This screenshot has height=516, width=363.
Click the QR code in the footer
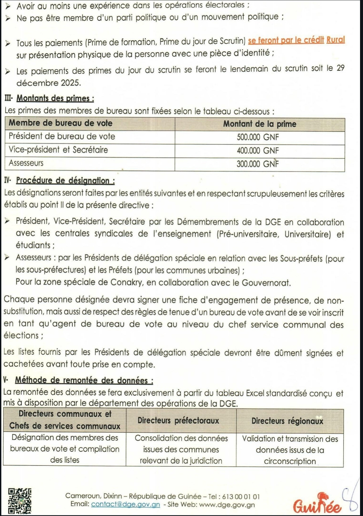tap(20, 501)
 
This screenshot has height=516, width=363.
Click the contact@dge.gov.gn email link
tap(125, 504)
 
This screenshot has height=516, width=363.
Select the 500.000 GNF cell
tap(258, 137)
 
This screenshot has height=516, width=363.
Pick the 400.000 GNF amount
tap(258, 151)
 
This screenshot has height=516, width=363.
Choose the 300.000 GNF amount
tap(258, 164)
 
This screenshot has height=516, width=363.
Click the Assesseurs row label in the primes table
tap(26, 163)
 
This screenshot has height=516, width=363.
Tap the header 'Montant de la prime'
tap(260, 124)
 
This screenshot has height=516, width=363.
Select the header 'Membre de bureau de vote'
tap(60, 123)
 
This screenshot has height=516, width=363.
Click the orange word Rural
tap(336, 40)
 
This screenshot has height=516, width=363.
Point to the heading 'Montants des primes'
tap(55, 98)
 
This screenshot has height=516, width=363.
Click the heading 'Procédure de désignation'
tap(65, 180)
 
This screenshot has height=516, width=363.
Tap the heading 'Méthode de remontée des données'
tap(84, 380)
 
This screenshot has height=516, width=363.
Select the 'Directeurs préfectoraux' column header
tap(178, 420)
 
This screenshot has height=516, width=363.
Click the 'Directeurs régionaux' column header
tap(287, 421)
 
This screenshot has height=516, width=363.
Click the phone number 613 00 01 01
tap(241, 496)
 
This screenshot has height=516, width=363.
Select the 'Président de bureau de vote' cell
tap(62, 136)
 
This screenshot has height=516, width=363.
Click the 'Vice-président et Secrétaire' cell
tap(58, 150)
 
